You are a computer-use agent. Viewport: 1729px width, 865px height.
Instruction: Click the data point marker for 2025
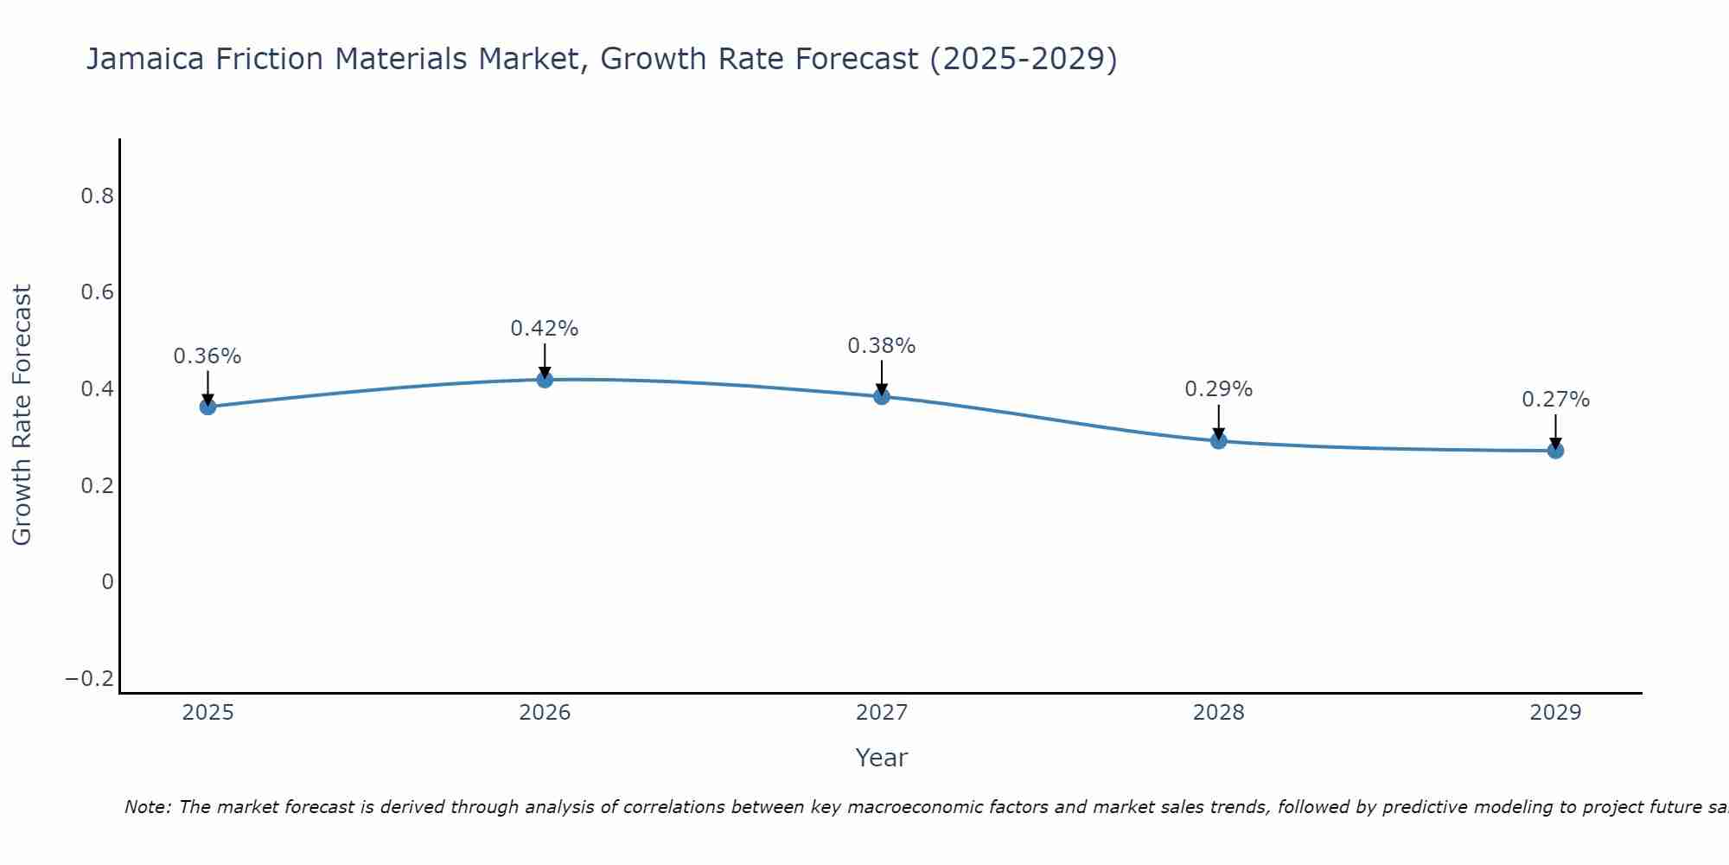(x=207, y=407)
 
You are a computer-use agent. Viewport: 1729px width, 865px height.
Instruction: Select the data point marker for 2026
(x=545, y=379)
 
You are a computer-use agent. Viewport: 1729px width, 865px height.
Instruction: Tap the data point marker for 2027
(x=882, y=396)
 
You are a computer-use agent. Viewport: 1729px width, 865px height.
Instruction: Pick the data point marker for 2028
(x=1218, y=440)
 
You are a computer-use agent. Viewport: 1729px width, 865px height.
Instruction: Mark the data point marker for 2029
(x=1555, y=450)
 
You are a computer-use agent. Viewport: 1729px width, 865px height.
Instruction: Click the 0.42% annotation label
(x=544, y=329)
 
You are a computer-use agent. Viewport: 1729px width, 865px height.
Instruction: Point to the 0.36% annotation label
(x=207, y=356)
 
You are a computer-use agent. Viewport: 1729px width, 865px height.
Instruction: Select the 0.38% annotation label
(x=881, y=346)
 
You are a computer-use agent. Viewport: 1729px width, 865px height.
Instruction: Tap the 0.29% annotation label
(x=1218, y=389)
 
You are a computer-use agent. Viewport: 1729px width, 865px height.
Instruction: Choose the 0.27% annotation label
(x=1555, y=400)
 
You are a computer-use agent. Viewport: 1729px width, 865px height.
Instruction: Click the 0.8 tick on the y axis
(x=97, y=196)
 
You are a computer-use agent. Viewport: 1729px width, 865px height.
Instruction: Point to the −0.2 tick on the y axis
(x=90, y=679)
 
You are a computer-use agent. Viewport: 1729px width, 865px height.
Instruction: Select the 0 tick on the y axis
(x=107, y=582)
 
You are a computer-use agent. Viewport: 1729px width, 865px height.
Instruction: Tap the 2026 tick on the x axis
(x=545, y=713)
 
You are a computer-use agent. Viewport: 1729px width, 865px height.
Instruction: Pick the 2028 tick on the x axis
(x=1218, y=713)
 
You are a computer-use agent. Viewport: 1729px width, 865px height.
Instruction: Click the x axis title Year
(x=881, y=758)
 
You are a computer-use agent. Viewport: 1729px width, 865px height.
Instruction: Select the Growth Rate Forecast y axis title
(x=22, y=415)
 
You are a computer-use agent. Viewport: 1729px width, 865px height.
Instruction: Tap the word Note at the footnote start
(x=147, y=807)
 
